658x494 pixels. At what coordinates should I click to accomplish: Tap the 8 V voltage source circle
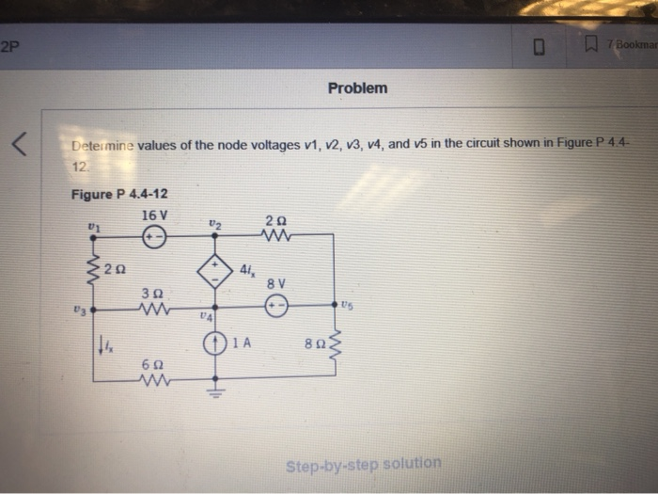coord(275,306)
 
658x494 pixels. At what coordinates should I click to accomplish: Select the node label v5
coord(349,305)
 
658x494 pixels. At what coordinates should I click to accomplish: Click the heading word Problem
coord(356,88)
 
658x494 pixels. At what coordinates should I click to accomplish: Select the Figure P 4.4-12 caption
coord(119,194)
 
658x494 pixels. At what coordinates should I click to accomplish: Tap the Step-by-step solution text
coord(364,463)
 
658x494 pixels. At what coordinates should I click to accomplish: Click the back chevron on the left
coord(17,145)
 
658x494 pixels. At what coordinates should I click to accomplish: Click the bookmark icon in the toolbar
coord(591,44)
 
